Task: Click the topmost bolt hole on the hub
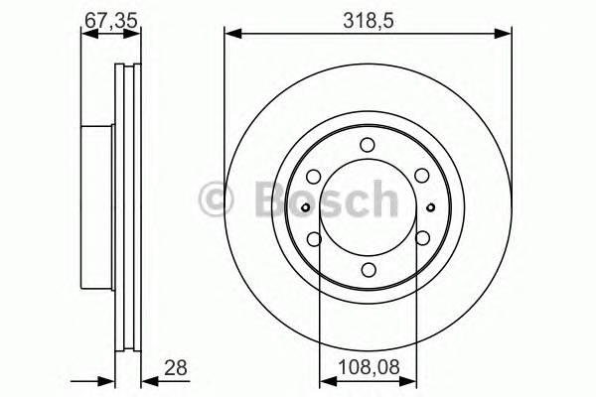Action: tap(368, 142)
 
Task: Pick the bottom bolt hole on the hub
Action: tap(368, 270)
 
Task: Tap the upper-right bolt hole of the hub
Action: tap(423, 175)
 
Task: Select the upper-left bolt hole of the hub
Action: tap(313, 175)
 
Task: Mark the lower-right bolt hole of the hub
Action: tap(423, 238)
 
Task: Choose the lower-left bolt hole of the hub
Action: tap(313, 238)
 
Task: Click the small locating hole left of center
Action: tap(304, 206)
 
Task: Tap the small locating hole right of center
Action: tap(431, 206)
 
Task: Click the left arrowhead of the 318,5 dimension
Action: tap(231, 36)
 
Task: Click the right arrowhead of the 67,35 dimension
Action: tap(136, 36)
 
